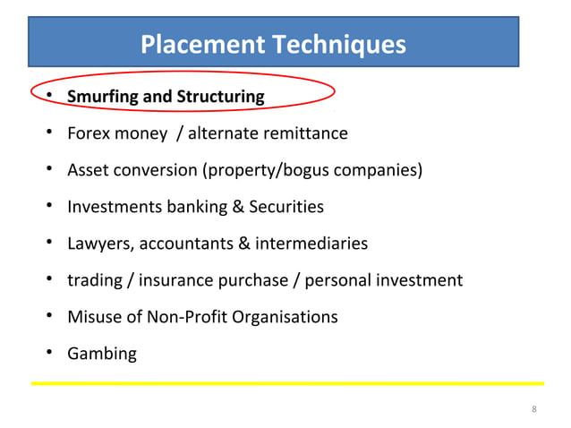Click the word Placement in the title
tap(189, 44)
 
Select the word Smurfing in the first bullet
tap(101, 96)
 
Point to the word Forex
tap(88, 133)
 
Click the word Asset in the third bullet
tap(88, 170)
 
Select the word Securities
tap(286, 207)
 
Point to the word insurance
tap(176, 280)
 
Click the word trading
tap(95, 280)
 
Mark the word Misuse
tap(91, 317)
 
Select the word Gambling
tap(102, 354)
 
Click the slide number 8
tap(534, 410)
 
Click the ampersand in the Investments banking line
tap(238, 207)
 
